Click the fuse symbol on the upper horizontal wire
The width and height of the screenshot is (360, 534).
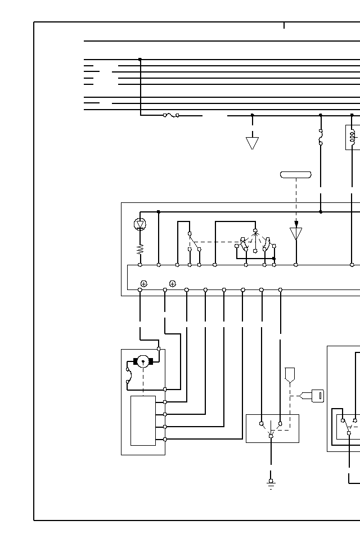point(171,115)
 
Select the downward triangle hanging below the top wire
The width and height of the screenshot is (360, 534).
point(252,143)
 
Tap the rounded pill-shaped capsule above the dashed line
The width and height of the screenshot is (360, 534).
point(296,175)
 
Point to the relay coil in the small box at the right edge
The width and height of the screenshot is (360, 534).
point(353,137)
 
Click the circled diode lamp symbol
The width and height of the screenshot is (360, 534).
point(140,224)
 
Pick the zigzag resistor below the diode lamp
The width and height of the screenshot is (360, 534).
point(140,249)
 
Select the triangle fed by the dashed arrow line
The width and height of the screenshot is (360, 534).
point(296,233)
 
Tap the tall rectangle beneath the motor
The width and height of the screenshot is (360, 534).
point(143,420)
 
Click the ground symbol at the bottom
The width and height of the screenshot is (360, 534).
point(271,483)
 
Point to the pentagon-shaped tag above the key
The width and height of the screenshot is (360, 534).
point(290,374)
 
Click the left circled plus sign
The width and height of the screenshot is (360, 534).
point(144,284)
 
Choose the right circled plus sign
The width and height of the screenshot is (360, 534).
point(173,284)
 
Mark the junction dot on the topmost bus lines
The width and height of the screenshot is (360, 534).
point(140,60)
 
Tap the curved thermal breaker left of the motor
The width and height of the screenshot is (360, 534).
point(129,375)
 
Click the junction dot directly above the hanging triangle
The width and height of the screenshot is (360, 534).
point(252,115)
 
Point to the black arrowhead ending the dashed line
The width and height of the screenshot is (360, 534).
point(296,223)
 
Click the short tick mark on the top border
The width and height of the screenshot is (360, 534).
point(284,25)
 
